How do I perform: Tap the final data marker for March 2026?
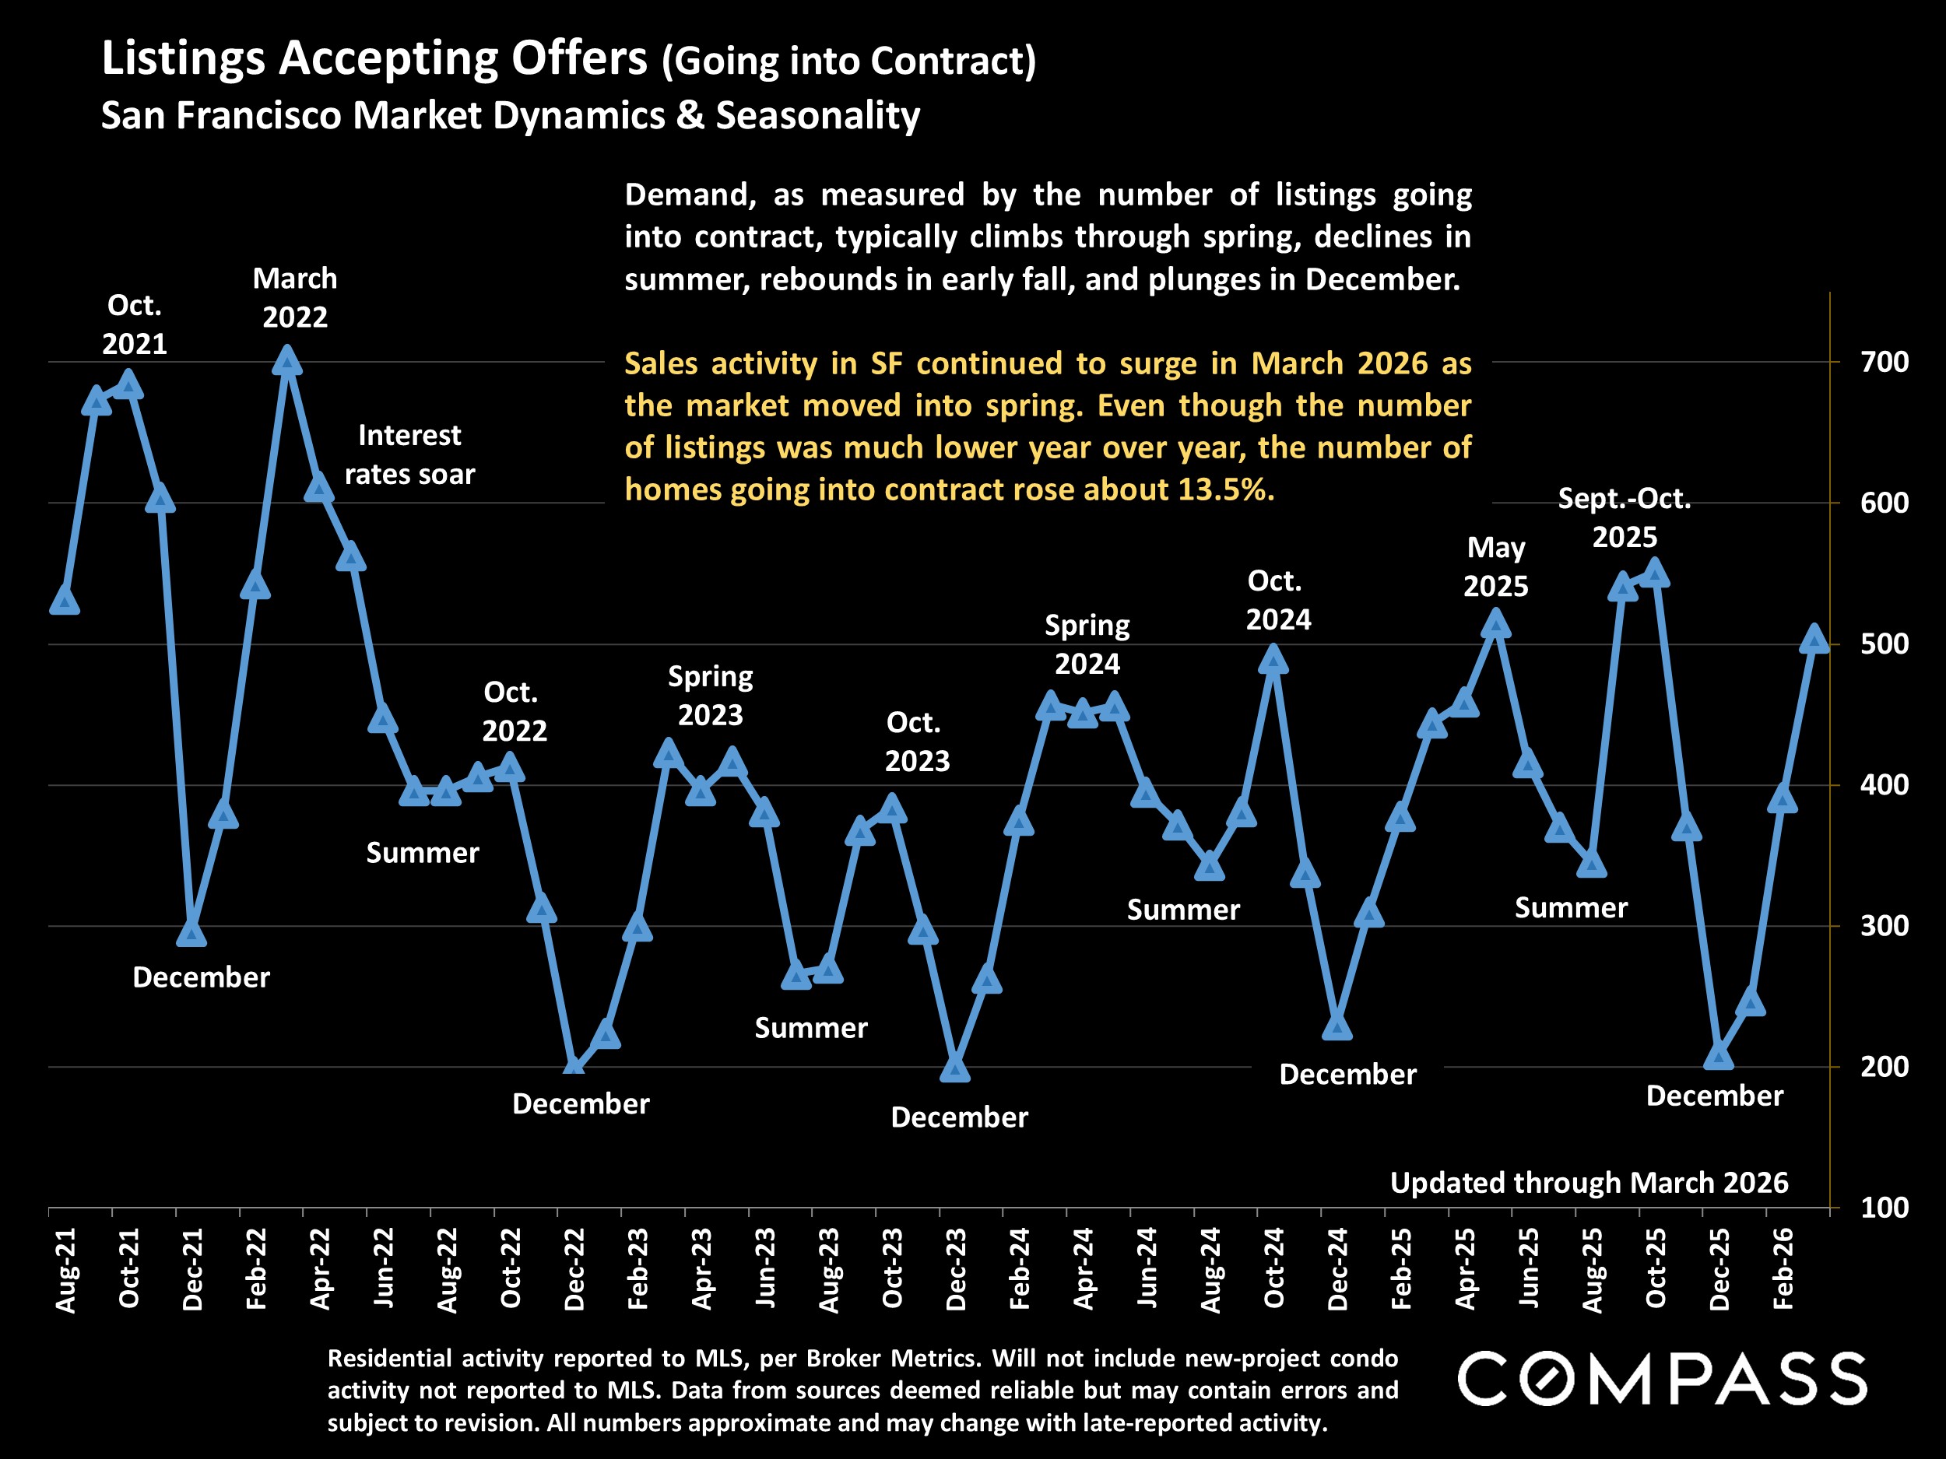point(1814,640)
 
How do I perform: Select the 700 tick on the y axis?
point(1885,362)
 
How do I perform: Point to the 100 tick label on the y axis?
point(1885,1208)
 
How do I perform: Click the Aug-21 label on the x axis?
point(66,1271)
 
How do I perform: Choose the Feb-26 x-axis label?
point(1783,1269)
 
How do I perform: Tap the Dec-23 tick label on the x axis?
point(955,1269)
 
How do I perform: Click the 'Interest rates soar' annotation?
point(410,454)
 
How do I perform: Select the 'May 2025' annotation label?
point(1495,566)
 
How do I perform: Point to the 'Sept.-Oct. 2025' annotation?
point(1624,517)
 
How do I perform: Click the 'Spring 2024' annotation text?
point(1087,644)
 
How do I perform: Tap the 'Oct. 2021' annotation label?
point(135,324)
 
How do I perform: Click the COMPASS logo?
point(1662,1379)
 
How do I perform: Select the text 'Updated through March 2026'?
point(1589,1183)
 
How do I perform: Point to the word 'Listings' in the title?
point(184,60)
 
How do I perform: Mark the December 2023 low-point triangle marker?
point(955,1068)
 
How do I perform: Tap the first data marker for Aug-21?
point(65,601)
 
